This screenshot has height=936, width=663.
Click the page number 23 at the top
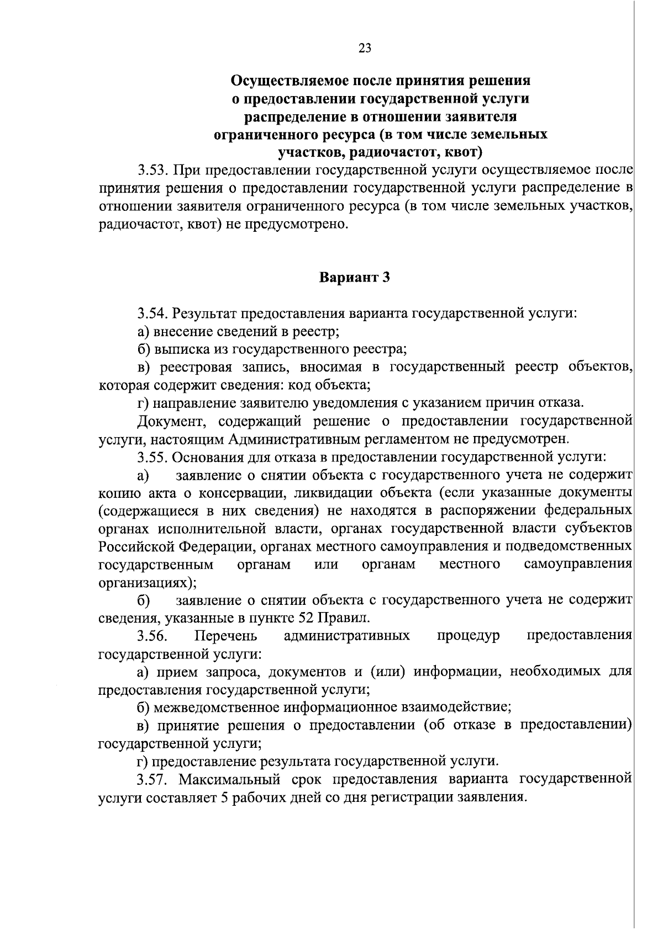click(365, 48)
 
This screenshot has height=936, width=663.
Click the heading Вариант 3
click(355, 278)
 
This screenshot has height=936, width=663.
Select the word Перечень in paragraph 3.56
click(226, 636)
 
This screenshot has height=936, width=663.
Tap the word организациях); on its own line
click(148, 582)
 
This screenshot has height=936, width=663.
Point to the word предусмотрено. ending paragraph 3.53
click(303, 225)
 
